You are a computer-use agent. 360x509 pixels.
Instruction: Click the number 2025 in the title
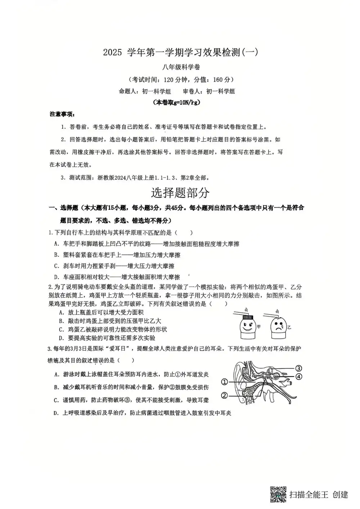[113, 53]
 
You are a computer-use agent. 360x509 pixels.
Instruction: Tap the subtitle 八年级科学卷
[181, 67]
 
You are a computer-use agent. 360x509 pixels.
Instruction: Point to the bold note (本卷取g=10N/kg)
[177, 103]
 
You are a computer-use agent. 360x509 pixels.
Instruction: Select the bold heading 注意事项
[62, 114]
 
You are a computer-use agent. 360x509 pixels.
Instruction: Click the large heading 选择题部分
[180, 193]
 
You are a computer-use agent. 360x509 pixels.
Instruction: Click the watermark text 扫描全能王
[309, 495]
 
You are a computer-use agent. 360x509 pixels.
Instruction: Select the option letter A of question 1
[56, 244]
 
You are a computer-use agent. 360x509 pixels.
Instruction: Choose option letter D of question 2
[61, 338]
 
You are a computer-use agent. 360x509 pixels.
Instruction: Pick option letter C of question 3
[56, 400]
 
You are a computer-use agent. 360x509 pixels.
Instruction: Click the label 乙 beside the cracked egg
[289, 328]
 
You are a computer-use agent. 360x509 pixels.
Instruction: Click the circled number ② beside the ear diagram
[224, 396]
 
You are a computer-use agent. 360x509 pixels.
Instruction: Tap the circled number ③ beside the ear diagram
[298, 368]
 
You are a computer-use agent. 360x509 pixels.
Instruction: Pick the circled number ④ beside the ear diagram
[298, 377]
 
